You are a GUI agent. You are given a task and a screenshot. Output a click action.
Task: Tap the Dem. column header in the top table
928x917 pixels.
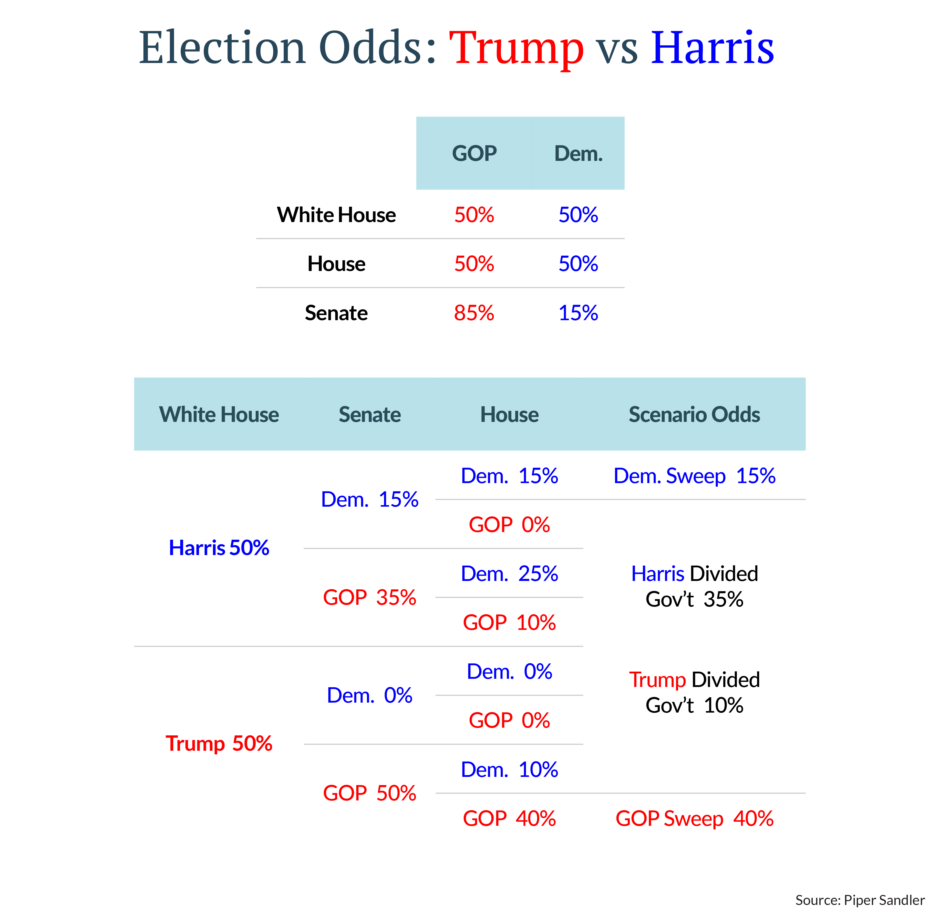tap(578, 154)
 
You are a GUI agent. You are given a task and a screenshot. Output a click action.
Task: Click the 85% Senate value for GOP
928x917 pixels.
tap(474, 313)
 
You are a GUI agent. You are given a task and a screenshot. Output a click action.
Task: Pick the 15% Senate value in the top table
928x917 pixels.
tap(578, 313)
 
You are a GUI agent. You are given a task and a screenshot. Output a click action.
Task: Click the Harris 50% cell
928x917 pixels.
tap(219, 548)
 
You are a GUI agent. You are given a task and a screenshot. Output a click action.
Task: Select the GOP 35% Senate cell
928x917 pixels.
tap(369, 597)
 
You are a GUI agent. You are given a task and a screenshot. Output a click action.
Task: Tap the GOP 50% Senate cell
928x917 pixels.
tap(369, 793)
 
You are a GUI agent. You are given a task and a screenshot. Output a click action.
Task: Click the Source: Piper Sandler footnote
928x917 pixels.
tap(860, 900)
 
